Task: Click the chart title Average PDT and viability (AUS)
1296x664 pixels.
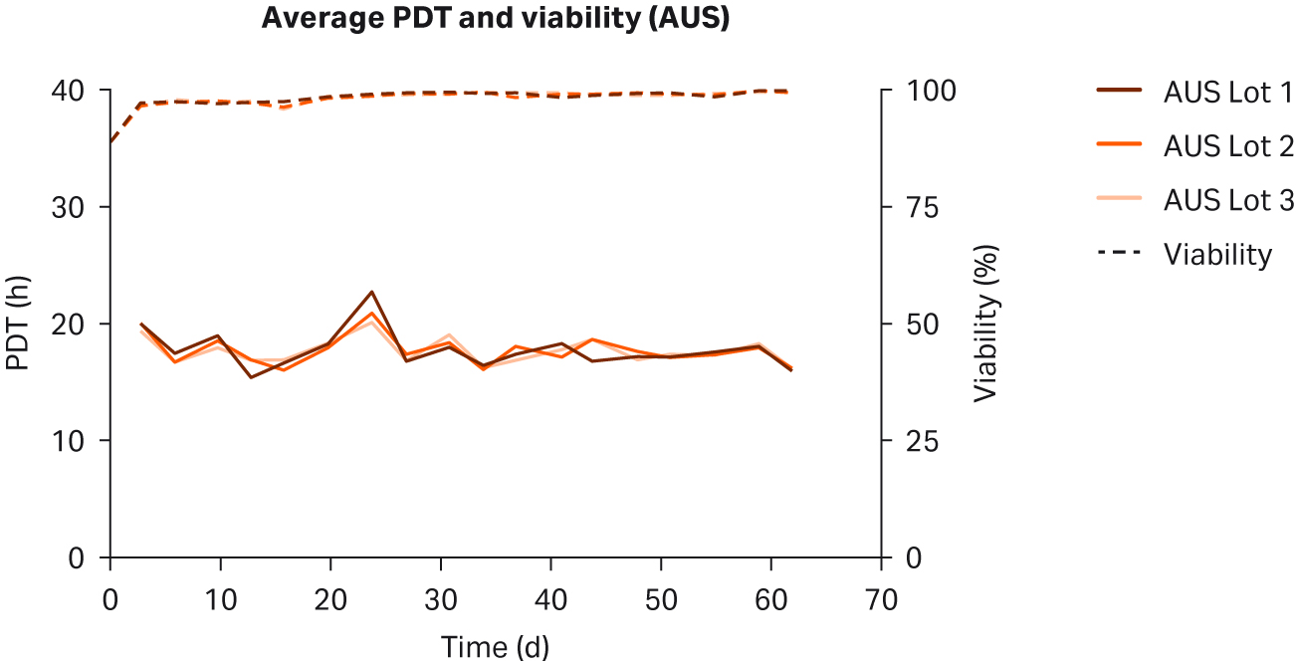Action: pyautogui.click(x=495, y=19)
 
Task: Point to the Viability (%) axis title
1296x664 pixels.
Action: pyautogui.click(x=984, y=325)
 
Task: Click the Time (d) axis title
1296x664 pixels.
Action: pyautogui.click(x=495, y=647)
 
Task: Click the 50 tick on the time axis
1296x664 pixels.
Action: pyautogui.click(x=661, y=600)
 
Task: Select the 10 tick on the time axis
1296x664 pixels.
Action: pyautogui.click(x=220, y=600)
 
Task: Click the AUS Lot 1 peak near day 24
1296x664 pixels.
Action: pyautogui.click(x=371, y=292)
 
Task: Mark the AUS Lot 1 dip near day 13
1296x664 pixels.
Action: pyautogui.click(x=251, y=377)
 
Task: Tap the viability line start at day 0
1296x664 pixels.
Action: pyautogui.click(x=110, y=142)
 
